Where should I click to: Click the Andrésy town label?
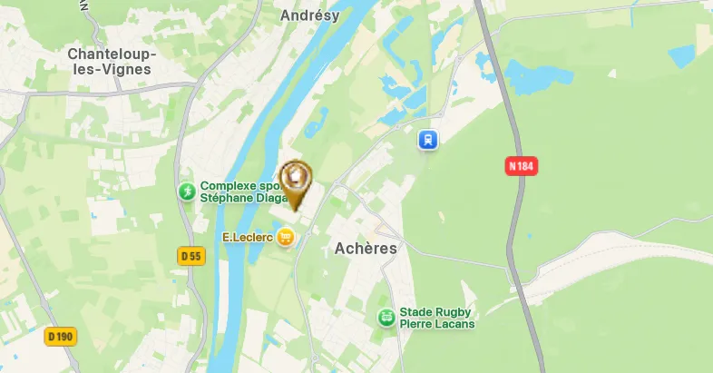pyautogui.click(x=309, y=15)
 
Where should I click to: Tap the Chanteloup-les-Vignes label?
pyautogui.click(x=112, y=63)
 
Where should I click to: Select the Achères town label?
pyautogui.click(x=366, y=248)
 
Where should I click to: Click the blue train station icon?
pyautogui.click(x=427, y=140)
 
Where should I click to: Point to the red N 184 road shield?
pyautogui.click(x=521, y=166)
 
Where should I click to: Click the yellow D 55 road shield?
pyautogui.click(x=190, y=257)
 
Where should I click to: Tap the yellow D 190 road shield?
pyautogui.click(x=61, y=337)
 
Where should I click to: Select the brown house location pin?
pyautogui.click(x=294, y=179)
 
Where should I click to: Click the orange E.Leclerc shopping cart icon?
pyautogui.click(x=287, y=238)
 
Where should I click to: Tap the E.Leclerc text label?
pyautogui.click(x=248, y=238)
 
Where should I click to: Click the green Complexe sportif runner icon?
pyautogui.click(x=186, y=191)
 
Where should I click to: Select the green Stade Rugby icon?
pyautogui.click(x=386, y=317)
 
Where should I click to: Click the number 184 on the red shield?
pyautogui.click(x=525, y=166)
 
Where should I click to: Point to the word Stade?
pyautogui.click(x=416, y=310)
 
